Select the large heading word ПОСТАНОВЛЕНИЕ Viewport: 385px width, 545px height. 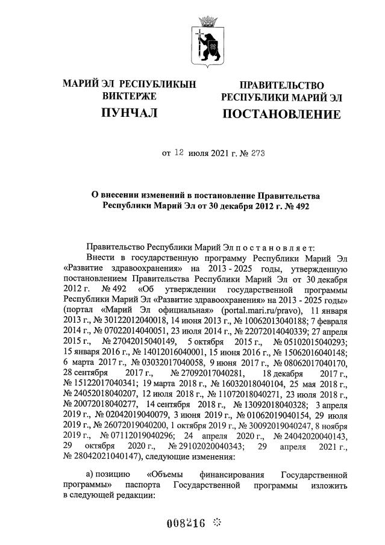[x=281, y=114]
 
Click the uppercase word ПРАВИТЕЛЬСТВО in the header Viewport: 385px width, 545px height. [x=281, y=86]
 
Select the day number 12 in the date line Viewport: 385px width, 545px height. [x=179, y=153]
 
